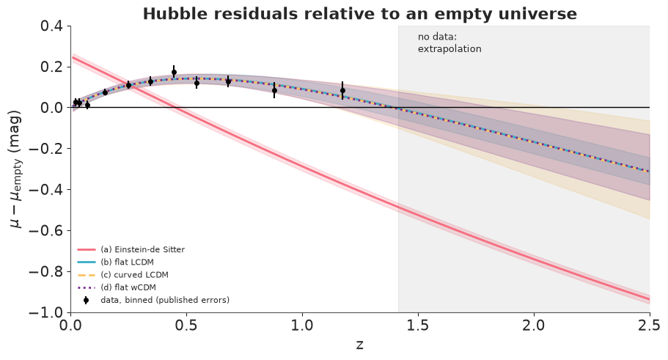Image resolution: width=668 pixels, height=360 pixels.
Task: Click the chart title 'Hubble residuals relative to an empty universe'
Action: coord(359,14)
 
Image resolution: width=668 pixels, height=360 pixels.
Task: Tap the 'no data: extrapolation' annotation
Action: coord(449,43)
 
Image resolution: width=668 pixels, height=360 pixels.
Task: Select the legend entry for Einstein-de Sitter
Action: coord(131,250)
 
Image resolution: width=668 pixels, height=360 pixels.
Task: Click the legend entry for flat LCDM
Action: coord(115,262)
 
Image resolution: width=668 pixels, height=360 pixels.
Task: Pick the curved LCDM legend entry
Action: coord(122,275)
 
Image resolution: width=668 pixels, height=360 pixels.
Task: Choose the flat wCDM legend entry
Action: coord(117,287)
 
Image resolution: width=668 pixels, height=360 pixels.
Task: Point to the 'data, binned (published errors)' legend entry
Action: coord(153,300)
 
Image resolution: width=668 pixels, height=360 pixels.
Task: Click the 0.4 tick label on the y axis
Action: coord(51,26)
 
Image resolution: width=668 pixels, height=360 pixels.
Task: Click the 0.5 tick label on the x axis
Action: coord(186,326)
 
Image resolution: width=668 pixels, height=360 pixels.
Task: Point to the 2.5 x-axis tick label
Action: coord(649,326)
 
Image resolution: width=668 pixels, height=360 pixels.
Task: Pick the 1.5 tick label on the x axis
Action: coord(418,326)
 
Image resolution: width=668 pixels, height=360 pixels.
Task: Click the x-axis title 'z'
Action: coord(360,345)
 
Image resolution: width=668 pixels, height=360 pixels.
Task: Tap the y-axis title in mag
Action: coord(15,169)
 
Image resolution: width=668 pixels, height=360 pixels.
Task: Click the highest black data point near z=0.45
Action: coord(174,72)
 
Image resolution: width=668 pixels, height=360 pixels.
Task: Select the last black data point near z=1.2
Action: coord(342,90)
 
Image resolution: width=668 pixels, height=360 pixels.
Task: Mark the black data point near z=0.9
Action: coord(274,90)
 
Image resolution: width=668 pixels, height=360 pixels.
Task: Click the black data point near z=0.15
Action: coord(106,92)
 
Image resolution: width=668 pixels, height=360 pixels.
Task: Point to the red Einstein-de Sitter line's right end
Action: coord(649,299)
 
